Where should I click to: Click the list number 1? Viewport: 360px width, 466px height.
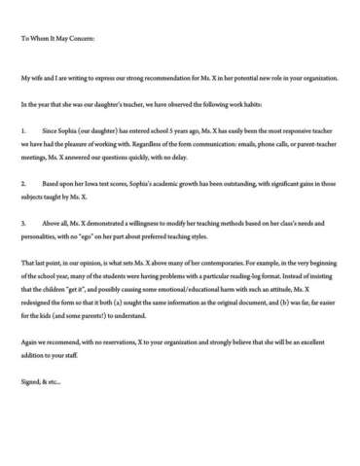tap(22, 129)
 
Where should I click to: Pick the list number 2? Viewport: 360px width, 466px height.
tap(22, 183)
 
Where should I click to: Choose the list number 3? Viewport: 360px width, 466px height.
tap(22, 223)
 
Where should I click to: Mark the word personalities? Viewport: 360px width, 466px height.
tap(44, 235)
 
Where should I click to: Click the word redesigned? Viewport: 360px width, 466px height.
tap(42, 303)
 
